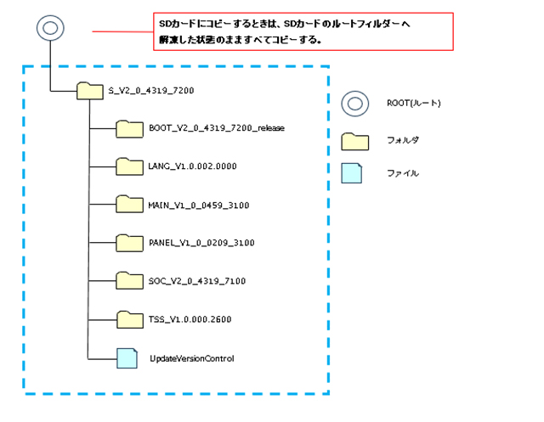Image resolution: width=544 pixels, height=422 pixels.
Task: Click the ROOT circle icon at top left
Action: pos(49,28)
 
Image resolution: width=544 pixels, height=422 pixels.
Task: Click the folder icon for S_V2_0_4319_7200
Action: pos(88,90)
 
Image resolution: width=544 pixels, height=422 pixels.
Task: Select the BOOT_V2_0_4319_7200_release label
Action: pos(216,128)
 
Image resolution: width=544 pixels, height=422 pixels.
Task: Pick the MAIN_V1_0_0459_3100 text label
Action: pos(198,205)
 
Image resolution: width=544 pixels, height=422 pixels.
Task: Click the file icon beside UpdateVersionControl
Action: pos(127,357)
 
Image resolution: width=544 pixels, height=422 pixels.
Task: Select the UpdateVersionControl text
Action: pos(191,358)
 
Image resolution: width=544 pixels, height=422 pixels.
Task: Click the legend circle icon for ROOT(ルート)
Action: pos(354,104)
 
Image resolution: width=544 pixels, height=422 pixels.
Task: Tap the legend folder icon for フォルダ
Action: pos(354,140)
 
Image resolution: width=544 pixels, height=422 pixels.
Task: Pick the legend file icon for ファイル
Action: pos(352,173)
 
